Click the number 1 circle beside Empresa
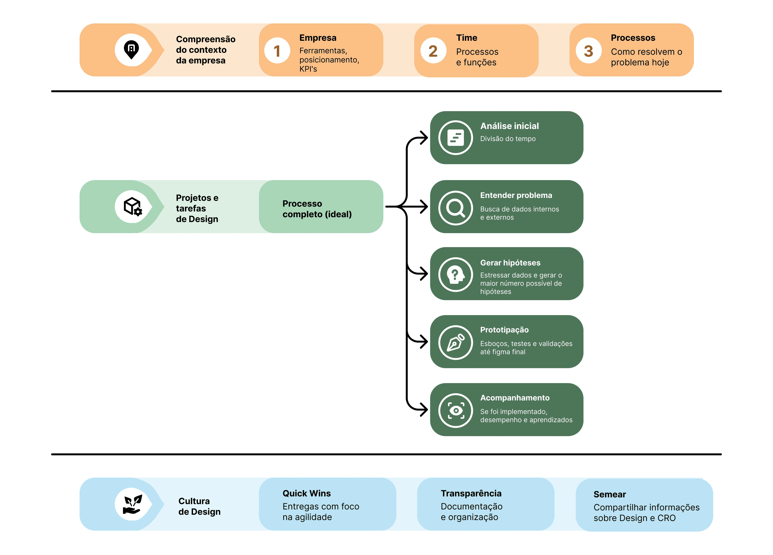pos(277,50)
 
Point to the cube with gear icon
pos(133,207)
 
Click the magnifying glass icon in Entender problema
pos(456,208)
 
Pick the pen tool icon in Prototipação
pos(456,342)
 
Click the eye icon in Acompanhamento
pos(456,410)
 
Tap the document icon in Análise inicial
pos(456,138)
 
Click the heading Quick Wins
pos(306,493)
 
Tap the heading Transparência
pos(471,493)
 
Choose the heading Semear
pos(610,494)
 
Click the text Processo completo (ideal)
pos(317,209)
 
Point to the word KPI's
pos(308,69)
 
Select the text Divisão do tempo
pos(508,139)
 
